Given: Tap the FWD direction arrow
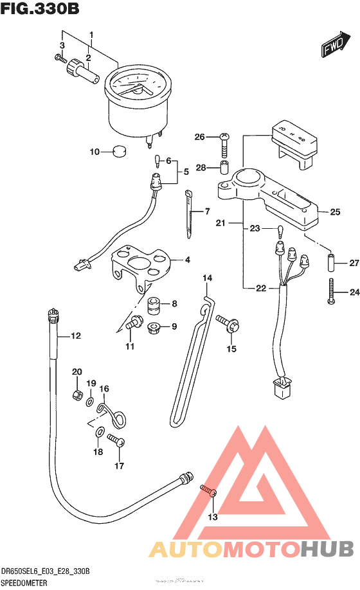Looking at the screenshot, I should pos(334,46).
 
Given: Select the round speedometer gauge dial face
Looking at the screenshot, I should pos(134,86).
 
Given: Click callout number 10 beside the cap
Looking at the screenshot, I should pos(95,152).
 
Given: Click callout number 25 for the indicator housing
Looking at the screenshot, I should pos(335,212).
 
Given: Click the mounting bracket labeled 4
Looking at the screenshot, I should pos(143,264).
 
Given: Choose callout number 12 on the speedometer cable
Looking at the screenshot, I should pos(76,335).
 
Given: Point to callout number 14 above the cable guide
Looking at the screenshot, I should pos(208,278).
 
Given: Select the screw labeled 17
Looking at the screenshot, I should pos(116,441).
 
